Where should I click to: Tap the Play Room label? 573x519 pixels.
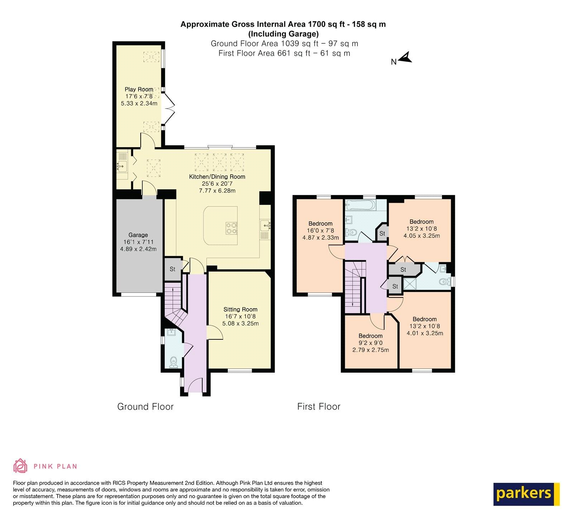tap(139, 89)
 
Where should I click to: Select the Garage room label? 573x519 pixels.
tap(138, 235)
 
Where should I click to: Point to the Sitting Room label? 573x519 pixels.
tap(240, 310)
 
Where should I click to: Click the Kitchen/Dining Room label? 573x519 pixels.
tap(217, 177)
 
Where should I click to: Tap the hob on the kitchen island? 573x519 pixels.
tap(231, 228)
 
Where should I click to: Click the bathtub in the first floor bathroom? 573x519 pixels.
tap(360, 205)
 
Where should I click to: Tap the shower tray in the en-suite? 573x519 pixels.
tap(409, 284)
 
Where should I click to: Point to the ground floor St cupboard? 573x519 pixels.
tap(173, 269)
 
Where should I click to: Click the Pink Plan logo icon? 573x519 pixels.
tap(20, 466)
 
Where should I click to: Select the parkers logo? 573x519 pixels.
tap(526, 494)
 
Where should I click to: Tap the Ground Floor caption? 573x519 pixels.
tap(145, 407)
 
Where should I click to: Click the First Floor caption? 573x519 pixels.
tap(319, 407)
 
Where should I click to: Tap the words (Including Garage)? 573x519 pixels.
tap(283, 34)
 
